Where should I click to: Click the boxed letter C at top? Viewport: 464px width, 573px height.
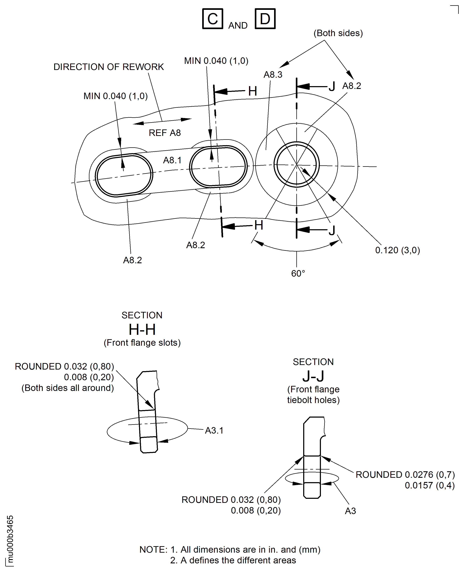coord(213,19)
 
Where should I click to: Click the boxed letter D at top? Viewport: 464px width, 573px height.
coord(265,19)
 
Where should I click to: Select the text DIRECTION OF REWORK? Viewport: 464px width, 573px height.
coord(109,67)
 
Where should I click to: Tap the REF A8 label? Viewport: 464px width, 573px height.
coord(165,133)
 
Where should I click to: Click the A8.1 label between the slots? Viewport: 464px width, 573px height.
coord(172,160)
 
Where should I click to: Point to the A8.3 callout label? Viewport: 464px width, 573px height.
coord(273,75)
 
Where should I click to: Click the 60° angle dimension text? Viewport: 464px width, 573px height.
coord(298,273)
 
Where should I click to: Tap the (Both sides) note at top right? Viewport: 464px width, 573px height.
coord(338,33)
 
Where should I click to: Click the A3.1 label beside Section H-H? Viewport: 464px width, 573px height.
coord(214,431)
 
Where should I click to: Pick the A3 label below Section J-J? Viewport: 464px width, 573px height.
coord(350,511)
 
